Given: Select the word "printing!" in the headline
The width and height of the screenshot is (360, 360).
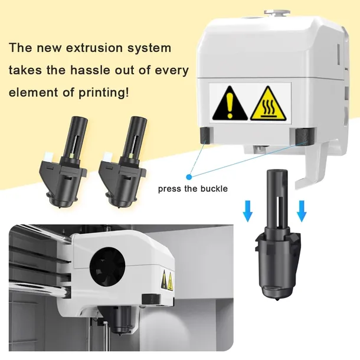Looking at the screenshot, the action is [103, 93].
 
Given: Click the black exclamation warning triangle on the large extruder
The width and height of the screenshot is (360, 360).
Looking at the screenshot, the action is [230, 104].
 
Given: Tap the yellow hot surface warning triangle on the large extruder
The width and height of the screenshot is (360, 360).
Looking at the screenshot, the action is [268, 104].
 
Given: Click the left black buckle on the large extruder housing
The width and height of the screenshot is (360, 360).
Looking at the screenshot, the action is [206, 135].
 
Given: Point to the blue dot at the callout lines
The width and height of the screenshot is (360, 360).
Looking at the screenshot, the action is [189, 177].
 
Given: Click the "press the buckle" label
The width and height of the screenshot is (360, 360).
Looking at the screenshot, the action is [193, 189].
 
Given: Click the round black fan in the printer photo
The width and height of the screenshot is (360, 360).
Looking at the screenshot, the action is [107, 267].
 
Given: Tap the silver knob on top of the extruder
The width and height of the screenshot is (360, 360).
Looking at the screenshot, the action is [277, 12].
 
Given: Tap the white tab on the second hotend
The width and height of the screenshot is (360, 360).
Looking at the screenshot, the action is [107, 156].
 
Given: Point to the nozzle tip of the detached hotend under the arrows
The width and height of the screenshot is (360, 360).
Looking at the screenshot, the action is [279, 300].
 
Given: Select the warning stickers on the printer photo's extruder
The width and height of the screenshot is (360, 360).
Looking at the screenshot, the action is [167, 280].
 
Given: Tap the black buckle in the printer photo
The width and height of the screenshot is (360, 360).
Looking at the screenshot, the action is [151, 299].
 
